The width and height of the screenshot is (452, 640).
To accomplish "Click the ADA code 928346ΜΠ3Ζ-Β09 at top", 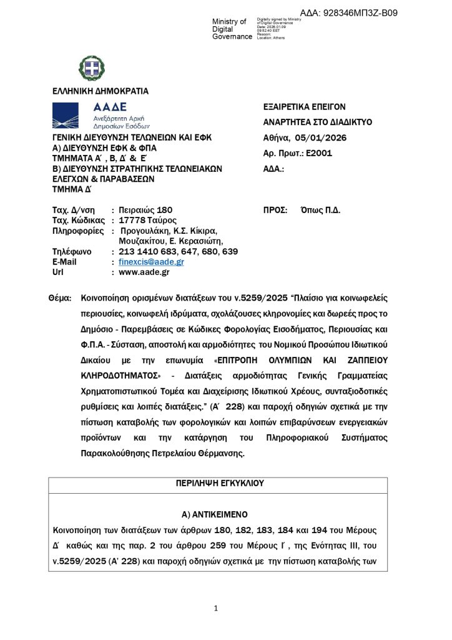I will coord(357,13).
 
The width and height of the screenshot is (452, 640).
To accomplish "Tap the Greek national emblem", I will coord(92,68).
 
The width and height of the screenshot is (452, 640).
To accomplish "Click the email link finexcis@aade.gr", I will coord(151,262).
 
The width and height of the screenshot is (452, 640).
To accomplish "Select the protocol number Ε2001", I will coord(319,154).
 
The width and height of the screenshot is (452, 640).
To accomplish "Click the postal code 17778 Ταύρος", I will coord(148,221).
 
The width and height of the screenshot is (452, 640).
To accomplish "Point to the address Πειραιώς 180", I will coord(145,210).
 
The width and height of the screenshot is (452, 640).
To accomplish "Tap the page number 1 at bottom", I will coord(215,608).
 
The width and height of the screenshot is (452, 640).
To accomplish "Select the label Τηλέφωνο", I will coord(71,252).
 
